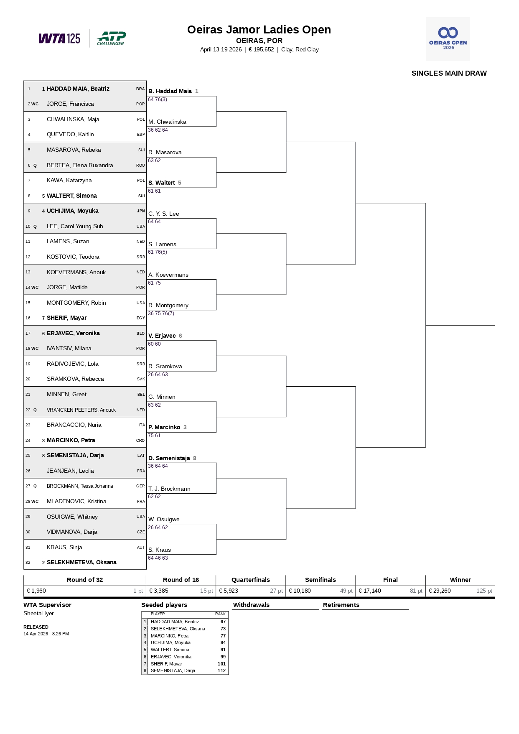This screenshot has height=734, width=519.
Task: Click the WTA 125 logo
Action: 59,38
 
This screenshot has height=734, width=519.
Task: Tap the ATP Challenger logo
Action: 111,38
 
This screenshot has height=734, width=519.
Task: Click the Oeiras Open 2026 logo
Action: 448,39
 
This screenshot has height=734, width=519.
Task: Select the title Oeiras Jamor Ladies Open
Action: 259,30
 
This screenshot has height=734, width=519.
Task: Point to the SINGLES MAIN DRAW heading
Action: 449,73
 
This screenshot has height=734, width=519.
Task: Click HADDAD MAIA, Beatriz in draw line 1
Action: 78,89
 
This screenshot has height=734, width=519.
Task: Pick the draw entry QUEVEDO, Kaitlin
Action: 70,134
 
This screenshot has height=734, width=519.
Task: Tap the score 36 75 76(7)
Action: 161,313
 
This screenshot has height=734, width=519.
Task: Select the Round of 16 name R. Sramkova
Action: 165,366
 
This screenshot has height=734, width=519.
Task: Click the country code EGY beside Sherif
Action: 141,318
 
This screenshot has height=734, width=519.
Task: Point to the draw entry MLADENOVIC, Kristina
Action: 76,501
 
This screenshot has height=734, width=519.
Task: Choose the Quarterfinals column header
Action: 251,580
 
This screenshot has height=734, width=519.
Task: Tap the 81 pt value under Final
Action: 416,591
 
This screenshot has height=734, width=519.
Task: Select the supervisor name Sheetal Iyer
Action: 38,613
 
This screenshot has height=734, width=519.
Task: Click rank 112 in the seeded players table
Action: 221,670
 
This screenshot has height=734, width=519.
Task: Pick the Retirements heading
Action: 341,605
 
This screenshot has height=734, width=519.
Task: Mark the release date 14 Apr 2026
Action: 36,634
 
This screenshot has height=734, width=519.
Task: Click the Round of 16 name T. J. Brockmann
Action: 169,489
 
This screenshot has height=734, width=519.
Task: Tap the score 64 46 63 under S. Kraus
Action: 158,558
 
